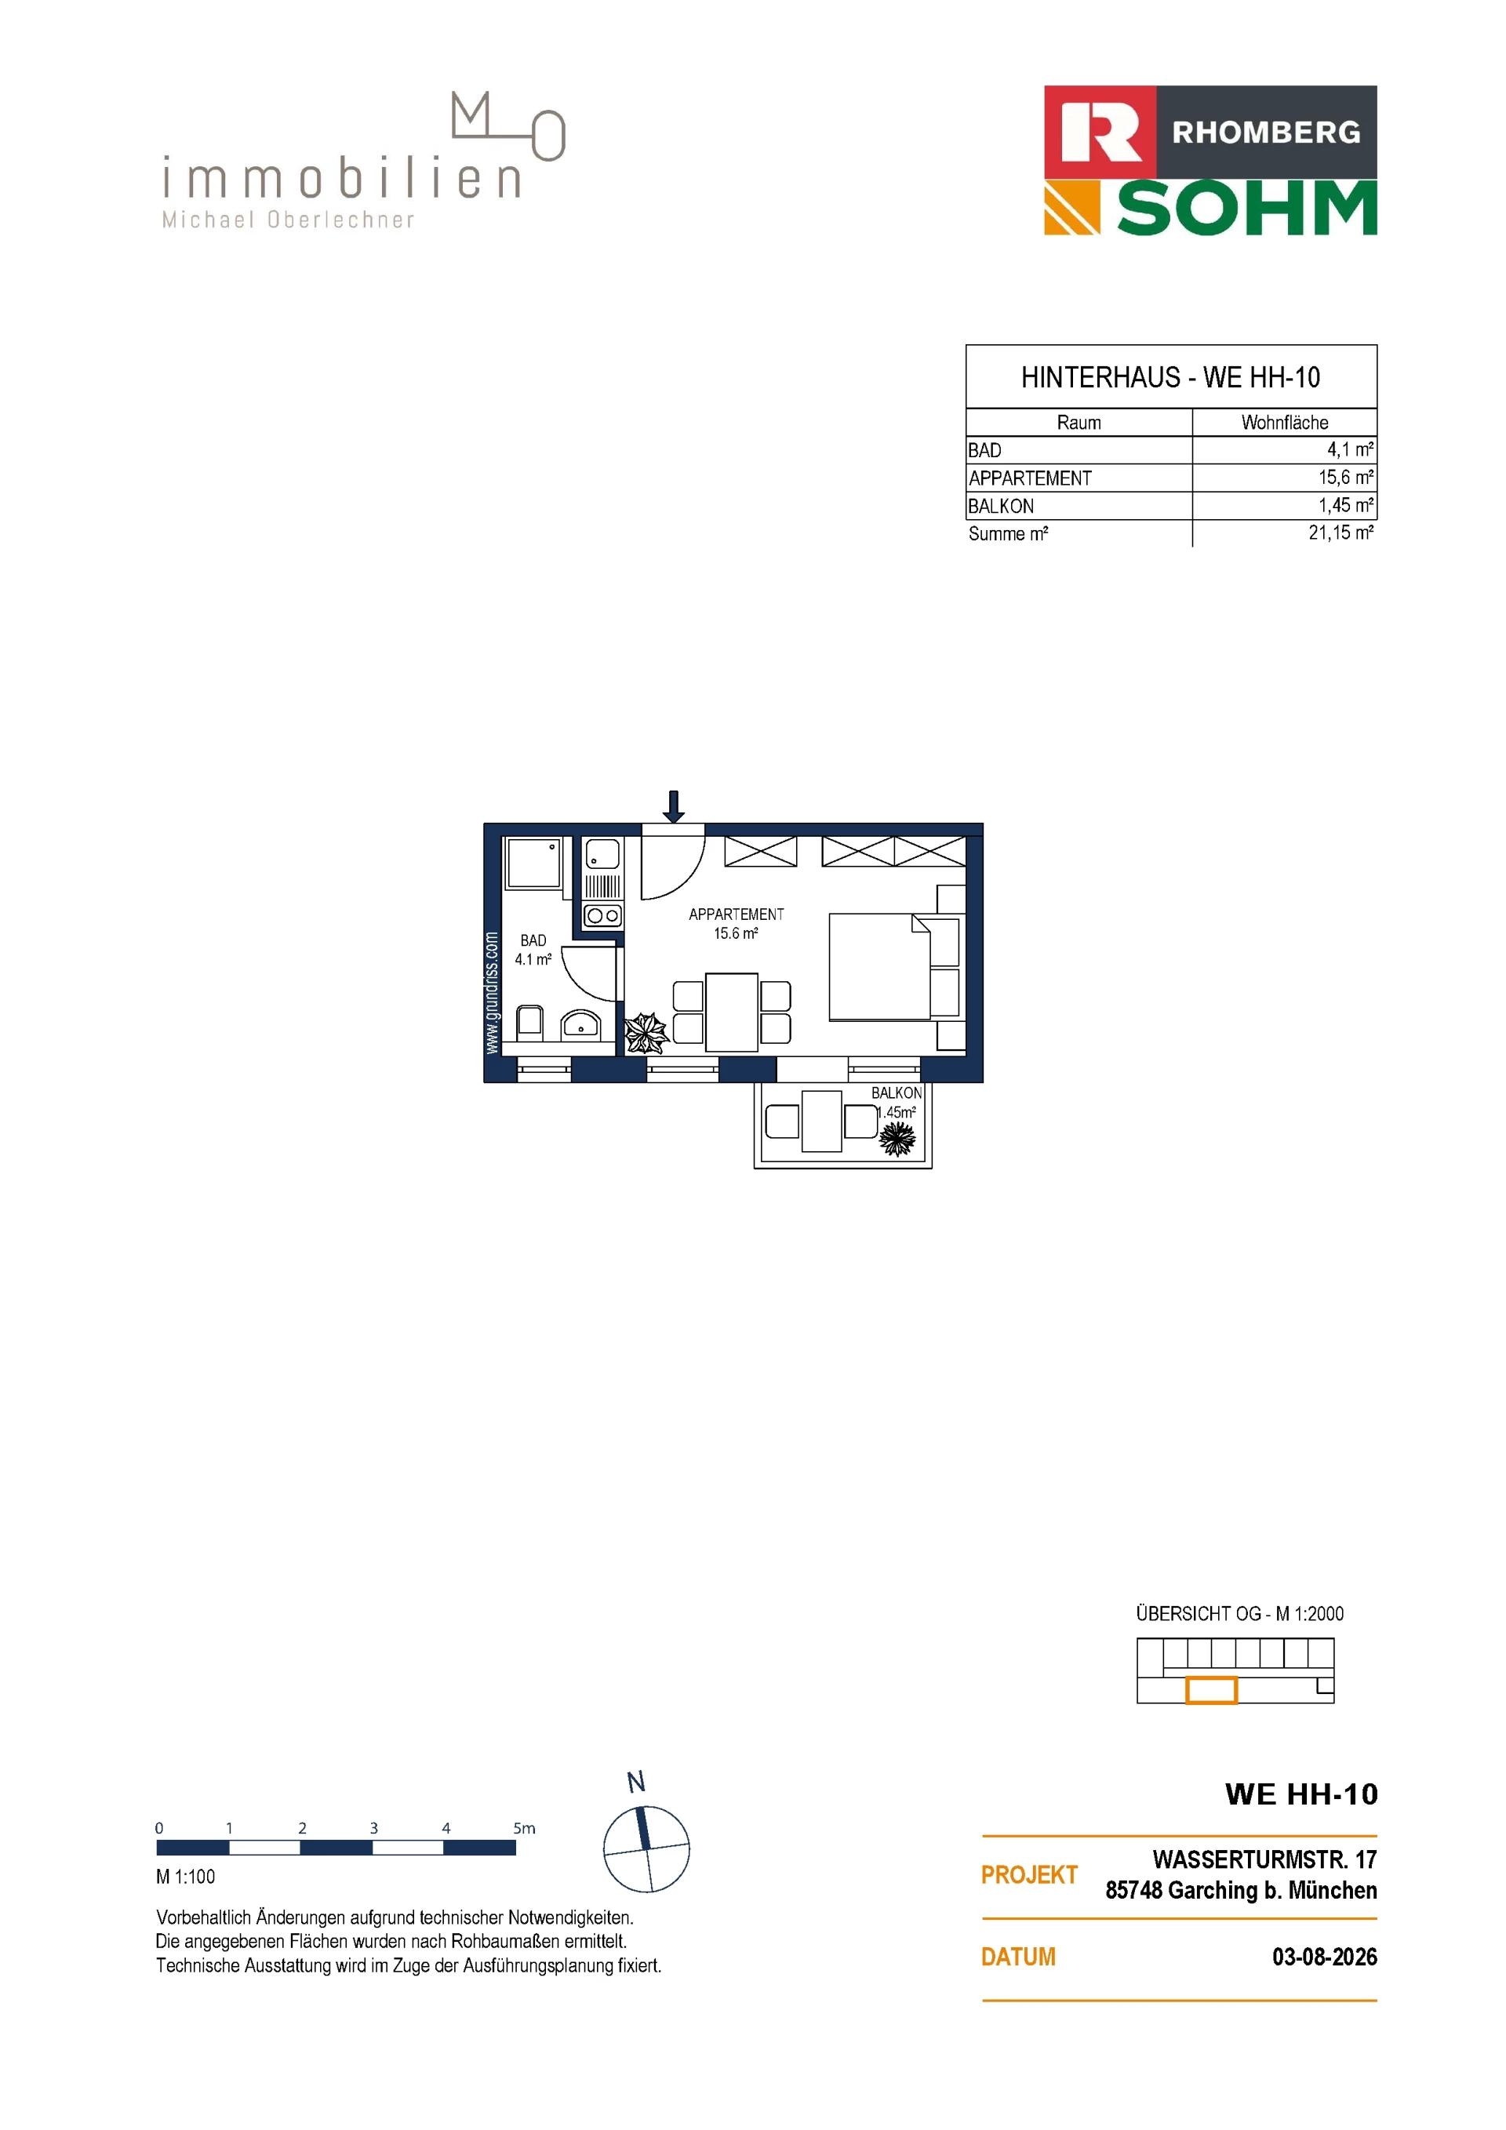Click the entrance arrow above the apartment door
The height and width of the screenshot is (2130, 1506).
pyautogui.click(x=674, y=805)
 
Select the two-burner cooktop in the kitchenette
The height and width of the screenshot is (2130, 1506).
pyautogui.click(x=602, y=916)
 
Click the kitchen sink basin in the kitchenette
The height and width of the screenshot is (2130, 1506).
pyautogui.click(x=602, y=853)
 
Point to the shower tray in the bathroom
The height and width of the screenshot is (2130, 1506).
pyautogui.click(x=533, y=863)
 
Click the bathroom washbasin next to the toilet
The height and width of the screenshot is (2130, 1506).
pyautogui.click(x=581, y=1026)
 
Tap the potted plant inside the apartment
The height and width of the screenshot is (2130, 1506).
pyautogui.click(x=645, y=1033)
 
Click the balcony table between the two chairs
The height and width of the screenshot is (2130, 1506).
pyautogui.click(x=821, y=1121)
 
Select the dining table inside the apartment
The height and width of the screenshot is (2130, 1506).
pyautogui.click(x=732, y=1012)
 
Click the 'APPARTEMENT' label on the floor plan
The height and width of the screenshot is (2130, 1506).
pyautogui.click(x=736, y=914)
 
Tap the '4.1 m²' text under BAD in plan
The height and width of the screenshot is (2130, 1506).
pyautogui.click(x=533, y=959)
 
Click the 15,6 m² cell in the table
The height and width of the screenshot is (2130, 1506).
pyautogui.click(x=1345, y=477)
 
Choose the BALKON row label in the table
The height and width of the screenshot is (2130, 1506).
pyautogui.click(x=1000, y=506)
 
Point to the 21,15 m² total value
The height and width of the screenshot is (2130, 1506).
pyautogui.click(x=1340, y=532)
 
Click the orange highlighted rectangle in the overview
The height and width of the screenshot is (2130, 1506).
pyautogui.click(x=1211, y=1690)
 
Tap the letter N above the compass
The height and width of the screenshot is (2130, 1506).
pyautogui.click(x=635, y=1782)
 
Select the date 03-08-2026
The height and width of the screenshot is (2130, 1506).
pyautogui.click(x=1324, y=1957)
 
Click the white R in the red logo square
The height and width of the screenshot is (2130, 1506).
pyautogui.click(x=1100, y=133)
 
